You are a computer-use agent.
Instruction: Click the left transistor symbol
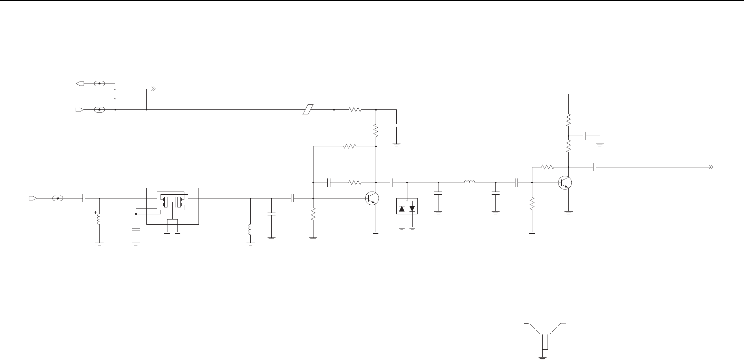tap(372, 198)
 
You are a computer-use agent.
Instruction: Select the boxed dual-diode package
tap(407, 206)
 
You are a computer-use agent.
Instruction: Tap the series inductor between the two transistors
tap(469, 182)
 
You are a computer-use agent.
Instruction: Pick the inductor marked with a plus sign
tap(99, 218)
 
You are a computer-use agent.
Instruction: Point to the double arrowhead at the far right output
tap(711, 167)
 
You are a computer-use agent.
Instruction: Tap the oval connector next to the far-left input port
tap(58, 198)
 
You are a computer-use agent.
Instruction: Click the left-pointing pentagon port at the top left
tap(80, 84)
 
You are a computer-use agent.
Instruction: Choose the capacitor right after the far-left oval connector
tap(84, 198)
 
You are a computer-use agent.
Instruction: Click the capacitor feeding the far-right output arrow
tap(595, 167)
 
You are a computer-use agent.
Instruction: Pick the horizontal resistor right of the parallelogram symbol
tap(355, 110)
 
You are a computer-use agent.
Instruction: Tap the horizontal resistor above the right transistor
tap(548, 167)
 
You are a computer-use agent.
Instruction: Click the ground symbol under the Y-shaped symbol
tap(542, 358)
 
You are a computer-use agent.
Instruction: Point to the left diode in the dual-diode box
tap(402, 209)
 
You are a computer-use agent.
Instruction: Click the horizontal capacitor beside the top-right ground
tap(584, 136)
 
